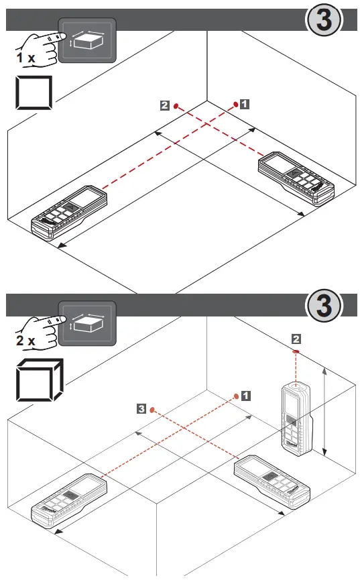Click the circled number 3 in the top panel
(x=324, y=20)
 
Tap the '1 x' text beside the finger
(x=25, y=58)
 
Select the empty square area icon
(x=33, y=95)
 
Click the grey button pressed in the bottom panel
(x=87, y=323)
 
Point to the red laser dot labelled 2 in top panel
(x=176, y=105)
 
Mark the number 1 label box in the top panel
(x=245, y=104)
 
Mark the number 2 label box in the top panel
(x=165, y=105)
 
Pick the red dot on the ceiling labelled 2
(x=296, y=351)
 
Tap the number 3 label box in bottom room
(x=141, y=408)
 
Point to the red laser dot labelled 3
(x=152, y=408)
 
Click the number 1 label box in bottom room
(x=246, y=396)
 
